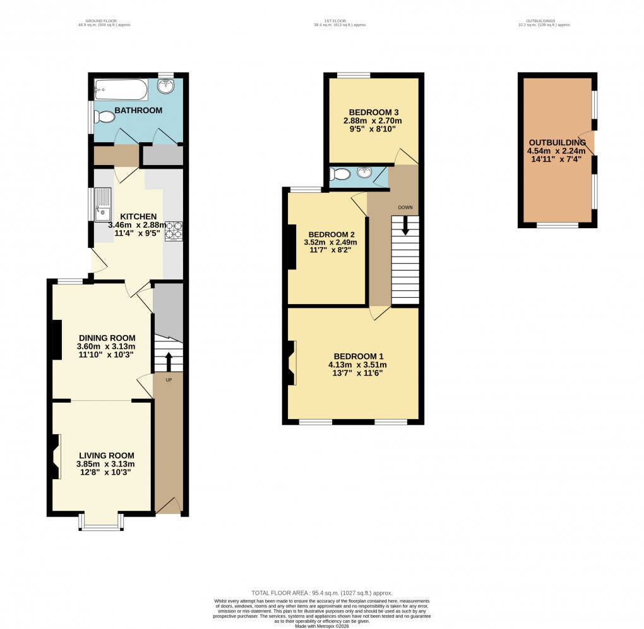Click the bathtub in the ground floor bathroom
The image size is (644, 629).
pos(121,90)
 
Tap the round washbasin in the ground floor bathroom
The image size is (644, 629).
pos(167,88)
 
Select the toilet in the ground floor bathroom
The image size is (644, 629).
pos(104,117)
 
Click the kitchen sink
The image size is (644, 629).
pos(102,210)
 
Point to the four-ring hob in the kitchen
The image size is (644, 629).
pos(174,231)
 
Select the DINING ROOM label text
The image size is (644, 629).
pos(106,338)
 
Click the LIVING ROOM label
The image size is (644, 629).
pos(106,455)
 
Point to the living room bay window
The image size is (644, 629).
pos(100,523)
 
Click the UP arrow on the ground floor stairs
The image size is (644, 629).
pos(169,362)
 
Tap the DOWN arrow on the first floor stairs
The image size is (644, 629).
pos(405,226)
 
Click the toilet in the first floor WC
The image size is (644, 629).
pos(338,174)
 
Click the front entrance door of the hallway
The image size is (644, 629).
pos(168,506)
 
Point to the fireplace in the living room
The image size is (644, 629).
pos(56,456)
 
